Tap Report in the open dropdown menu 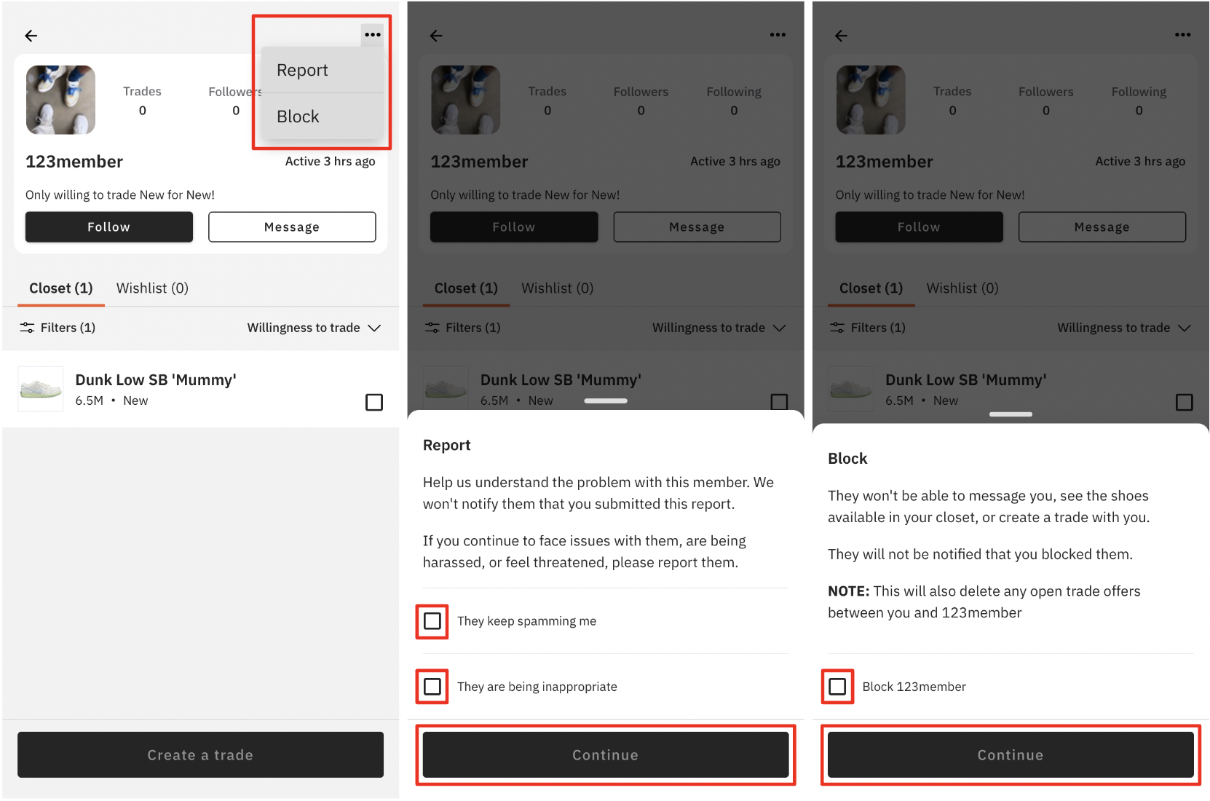point(302,70)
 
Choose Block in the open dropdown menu point(298,116)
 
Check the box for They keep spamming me point(432,621)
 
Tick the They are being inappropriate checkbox point(432,687)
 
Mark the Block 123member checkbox point(837,687)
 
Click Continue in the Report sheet point(606,754)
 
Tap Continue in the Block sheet point(1011,754)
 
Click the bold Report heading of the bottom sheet point(447,445)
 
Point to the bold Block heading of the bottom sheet point(847,459)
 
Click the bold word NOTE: point(849,591)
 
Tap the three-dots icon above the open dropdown point(373,34)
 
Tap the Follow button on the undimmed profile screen point(109,227)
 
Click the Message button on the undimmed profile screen point(292,227)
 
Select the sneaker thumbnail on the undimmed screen point(41,389)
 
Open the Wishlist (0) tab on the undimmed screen point(152,288)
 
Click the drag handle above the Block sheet point(1011,414)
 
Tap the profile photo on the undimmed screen point(60,100)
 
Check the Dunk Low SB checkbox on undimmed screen point(374,403)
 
